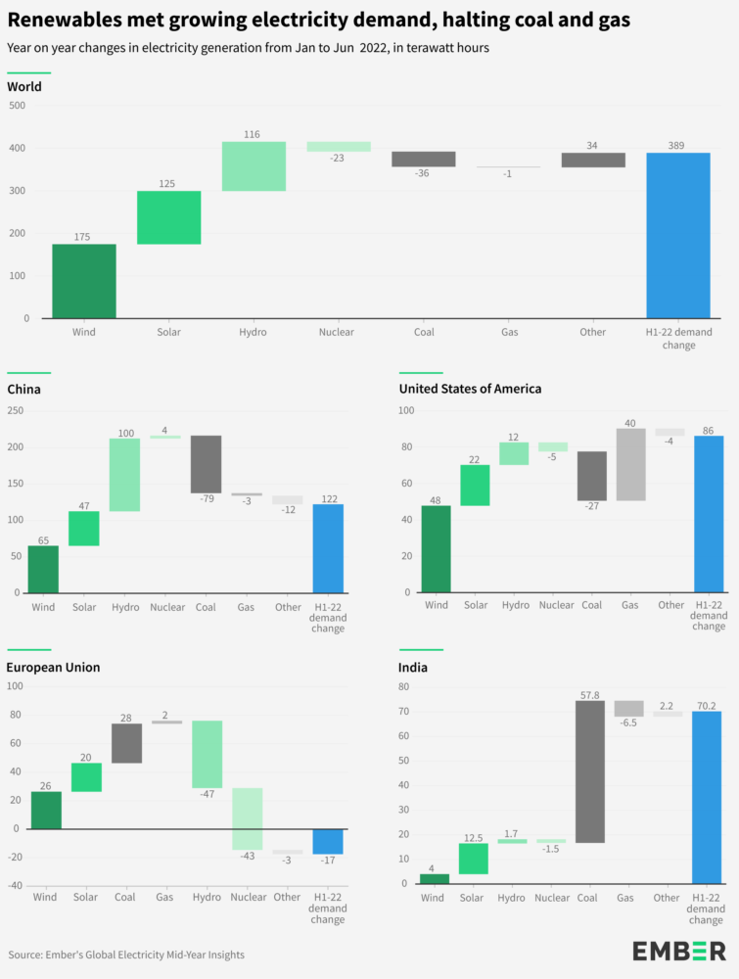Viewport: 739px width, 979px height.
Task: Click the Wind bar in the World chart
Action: coord(84,281)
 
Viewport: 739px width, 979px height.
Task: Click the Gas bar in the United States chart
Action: coord(629,464)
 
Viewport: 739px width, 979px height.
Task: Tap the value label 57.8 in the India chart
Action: coord(589,694)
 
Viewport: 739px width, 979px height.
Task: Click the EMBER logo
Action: coord(678,951)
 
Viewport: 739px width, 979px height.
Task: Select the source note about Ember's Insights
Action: coord(126,955)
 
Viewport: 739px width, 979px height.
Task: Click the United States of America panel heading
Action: coord(470,389)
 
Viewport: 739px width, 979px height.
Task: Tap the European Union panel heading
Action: coord(54,668)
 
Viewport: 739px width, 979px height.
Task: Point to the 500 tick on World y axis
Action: coord(19,105)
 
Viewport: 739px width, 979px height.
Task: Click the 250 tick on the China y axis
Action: coord(15,410)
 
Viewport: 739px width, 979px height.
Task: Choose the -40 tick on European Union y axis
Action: coord(15,885)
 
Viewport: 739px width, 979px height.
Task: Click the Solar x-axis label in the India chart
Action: coord(473,898)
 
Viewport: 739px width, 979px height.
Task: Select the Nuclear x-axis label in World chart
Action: coord(336,333)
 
